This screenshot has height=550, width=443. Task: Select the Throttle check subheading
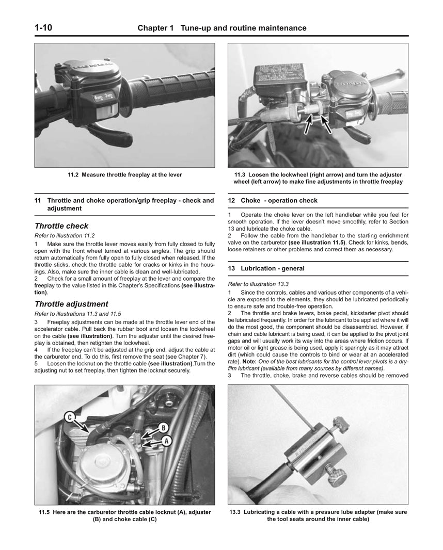61,226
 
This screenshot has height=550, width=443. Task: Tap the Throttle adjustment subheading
71,304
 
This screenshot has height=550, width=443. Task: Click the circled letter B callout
162,427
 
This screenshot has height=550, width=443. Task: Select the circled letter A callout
166,441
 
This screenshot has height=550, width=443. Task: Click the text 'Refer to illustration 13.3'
258,284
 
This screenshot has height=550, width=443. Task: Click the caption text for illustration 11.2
124,175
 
